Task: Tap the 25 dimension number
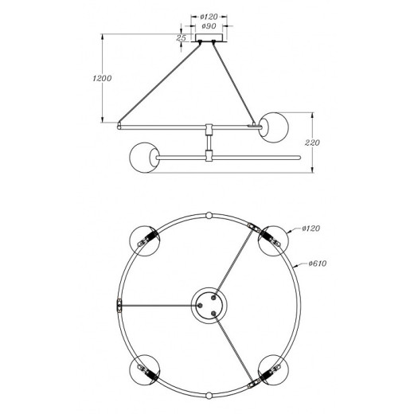pyautogui.click(x=180, y=37)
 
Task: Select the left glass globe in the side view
pyautogui.click(x=143, y=156)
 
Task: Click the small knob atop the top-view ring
pyautogui.click(x=209, y=215)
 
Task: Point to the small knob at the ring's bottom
pyautogui.click(x=209, y=396)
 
